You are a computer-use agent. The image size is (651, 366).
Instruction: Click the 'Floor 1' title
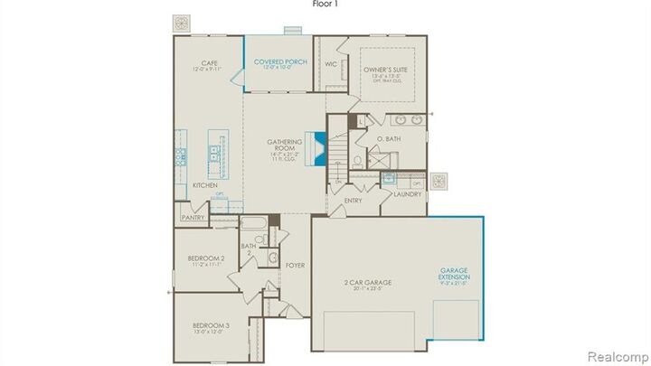325,4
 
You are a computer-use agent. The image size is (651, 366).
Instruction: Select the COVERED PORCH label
281,61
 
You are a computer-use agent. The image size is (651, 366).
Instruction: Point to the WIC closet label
330,64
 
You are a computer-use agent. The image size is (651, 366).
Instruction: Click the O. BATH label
388,139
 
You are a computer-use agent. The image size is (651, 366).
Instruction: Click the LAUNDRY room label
407,193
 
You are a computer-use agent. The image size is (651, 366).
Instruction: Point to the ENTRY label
352,200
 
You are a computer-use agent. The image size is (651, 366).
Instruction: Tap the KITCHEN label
204,185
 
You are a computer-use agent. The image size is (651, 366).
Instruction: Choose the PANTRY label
193,217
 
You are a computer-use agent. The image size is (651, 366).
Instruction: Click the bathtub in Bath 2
251,223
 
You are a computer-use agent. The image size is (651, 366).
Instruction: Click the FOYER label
295,266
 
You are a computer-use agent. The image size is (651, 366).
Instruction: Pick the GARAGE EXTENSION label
454,273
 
